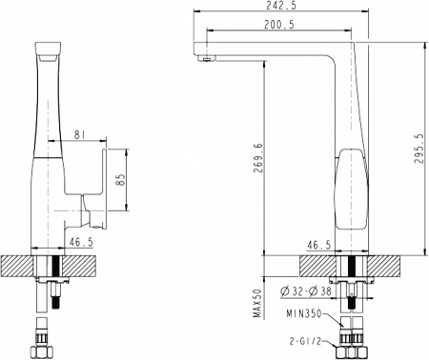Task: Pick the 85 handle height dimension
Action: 120,178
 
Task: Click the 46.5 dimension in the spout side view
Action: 318,245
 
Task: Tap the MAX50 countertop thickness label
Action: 256,304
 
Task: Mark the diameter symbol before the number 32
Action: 285,290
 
